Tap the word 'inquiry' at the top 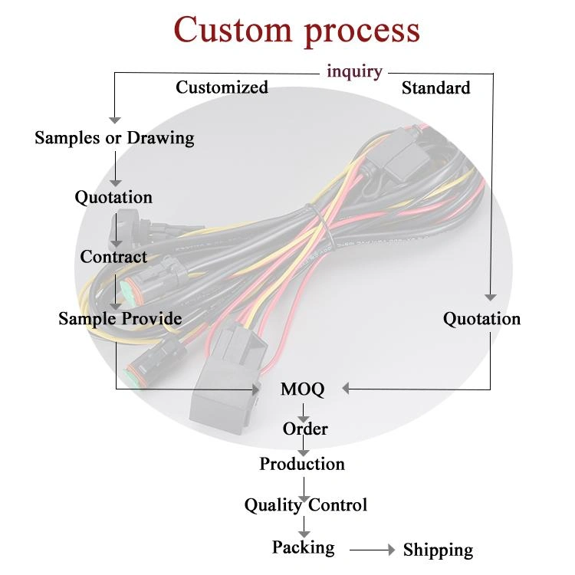[354, 71]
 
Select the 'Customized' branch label [222, 87]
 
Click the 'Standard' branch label [435, 88]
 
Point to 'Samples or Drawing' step [114, 138]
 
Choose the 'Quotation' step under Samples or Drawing [113, 198]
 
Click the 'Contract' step [113, 257]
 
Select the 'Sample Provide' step [120, 318]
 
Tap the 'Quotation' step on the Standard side [482, 319]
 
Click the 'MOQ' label [303, 389]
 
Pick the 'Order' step [305, 429]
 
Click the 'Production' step [302, 464]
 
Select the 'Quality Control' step [305, 505]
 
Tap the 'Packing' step [304, 548]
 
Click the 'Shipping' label [438, 550]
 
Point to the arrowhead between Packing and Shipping [392, 550]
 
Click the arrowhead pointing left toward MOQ [346, 389]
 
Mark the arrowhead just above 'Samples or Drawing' [115, 120]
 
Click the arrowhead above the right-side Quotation [491, 297]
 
